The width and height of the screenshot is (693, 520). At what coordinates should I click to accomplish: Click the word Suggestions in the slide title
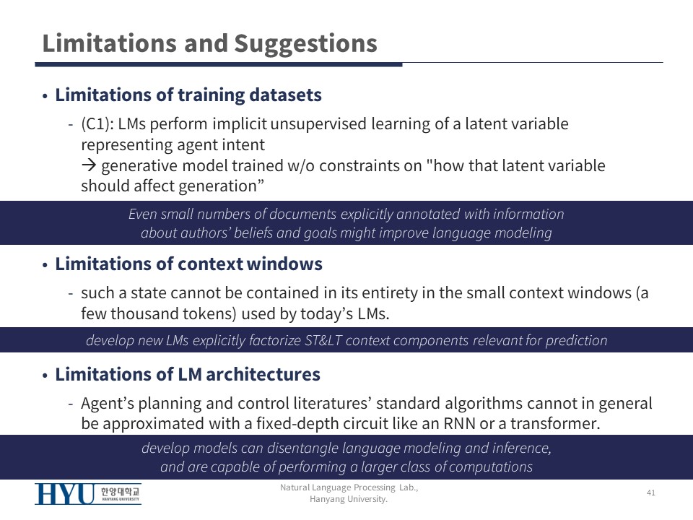pos(305,45)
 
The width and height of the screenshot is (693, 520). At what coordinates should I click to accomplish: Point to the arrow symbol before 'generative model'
pos(89,165)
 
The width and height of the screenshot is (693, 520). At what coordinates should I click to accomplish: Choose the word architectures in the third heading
pos(263,375)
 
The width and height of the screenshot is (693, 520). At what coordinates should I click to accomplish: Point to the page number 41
pos(651,493)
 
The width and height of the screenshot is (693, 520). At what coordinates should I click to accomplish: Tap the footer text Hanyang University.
pos(348,499)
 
